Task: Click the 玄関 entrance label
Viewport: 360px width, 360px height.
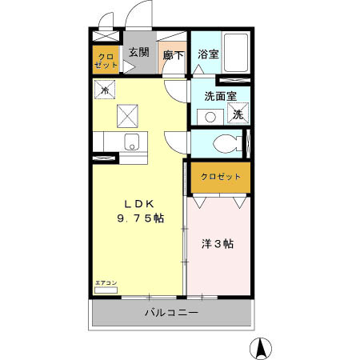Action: click(138, 53)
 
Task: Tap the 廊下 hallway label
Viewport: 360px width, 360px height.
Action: click(174, 55)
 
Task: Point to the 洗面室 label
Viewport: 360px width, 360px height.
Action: click(220, 95)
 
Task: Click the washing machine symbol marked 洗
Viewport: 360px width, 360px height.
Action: click(238, 114)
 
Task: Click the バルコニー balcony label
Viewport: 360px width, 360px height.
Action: click(172, 312)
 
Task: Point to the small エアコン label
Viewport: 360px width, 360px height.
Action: click(106, 283)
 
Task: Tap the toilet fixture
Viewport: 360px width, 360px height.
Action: click(228, 145)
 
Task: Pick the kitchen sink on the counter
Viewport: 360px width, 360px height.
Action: click(131, 144)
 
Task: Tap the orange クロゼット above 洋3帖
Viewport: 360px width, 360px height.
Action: click(220, 177)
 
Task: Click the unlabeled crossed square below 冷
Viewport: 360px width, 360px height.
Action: click(127, 117)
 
